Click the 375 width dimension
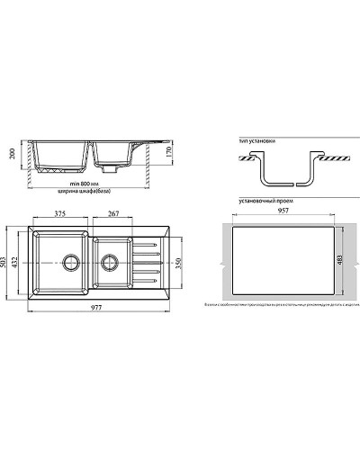pos(61,214)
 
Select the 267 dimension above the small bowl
pos(114,214)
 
